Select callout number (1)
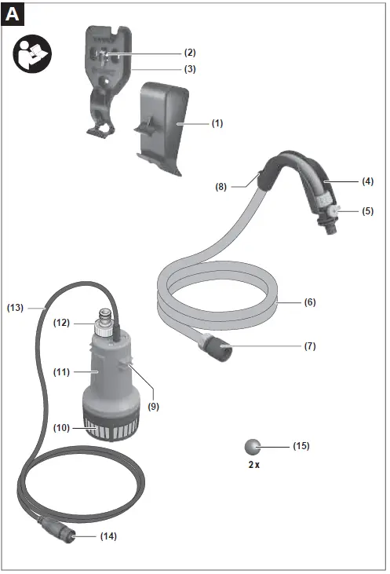217,123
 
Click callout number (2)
190,53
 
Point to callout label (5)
368,211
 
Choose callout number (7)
310,345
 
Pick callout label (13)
16,308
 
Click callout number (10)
62,428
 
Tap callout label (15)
301,446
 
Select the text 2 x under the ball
252,465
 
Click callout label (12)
62,323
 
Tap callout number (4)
368,181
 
